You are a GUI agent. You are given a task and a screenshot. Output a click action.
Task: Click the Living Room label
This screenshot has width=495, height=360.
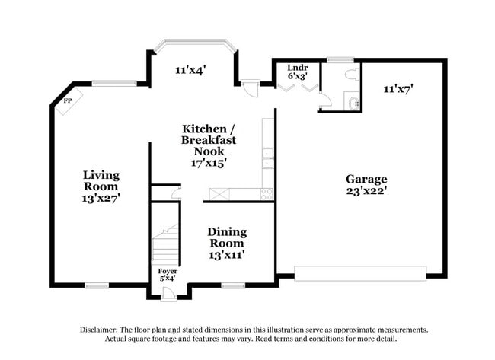click(101, 180)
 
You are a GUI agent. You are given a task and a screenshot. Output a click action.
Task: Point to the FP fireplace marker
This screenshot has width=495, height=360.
click(67, 100)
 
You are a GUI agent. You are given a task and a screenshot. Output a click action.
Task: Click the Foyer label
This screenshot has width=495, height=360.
click(168, 271)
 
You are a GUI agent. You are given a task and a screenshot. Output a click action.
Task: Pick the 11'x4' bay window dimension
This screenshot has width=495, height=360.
click(190, 71)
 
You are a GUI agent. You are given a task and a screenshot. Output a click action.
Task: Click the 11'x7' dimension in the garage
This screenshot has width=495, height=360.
click(397, 89)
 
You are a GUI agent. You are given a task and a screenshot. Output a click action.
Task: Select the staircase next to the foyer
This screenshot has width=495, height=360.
click(165, 244)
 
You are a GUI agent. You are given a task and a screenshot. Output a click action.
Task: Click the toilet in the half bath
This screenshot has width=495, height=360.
click(350, 75)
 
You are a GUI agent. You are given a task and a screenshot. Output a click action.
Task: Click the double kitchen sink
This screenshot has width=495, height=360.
click(268, 158)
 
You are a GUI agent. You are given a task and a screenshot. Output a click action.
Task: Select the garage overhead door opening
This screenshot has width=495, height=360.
click(360, 273)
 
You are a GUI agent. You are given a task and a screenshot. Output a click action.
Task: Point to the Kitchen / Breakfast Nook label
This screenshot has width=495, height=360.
click(208, 145)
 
